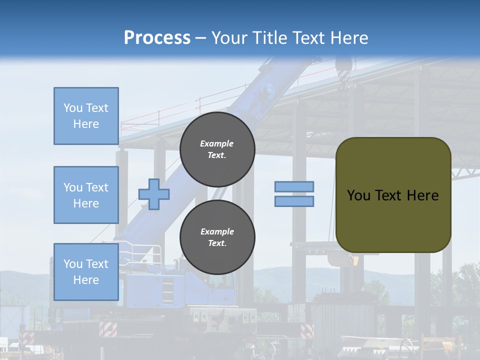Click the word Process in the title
[x=157, y=38]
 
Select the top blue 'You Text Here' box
[x=86, y=116]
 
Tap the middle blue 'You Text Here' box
[x=86, y=195]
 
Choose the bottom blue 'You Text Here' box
[x=86, y=272]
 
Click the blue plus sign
[x=154, y=194]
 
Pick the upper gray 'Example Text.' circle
[x=217, y=149]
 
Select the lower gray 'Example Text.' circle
[x=217, y=237]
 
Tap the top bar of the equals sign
[x=294, y=187]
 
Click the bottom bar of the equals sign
[x=294, y=201]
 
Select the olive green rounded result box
[x=393, y=195]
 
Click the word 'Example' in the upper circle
[x=217, y=143]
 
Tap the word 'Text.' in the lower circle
[x=217, y=243]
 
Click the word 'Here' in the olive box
[x=422, y=195]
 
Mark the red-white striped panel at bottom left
[x=108, y=328]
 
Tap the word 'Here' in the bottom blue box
[x=86, y=280]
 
